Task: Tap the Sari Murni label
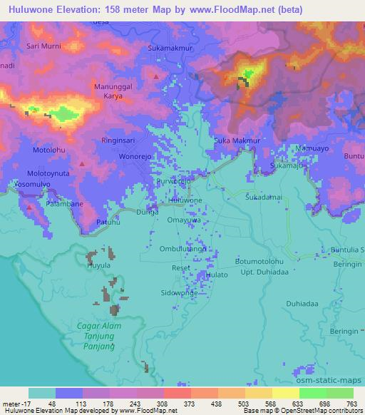pos(43,46)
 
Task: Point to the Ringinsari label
pos(121,140)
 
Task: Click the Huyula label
pos(98,265)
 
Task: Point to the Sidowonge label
pos(179,293)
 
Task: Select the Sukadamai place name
pos(264,195)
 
